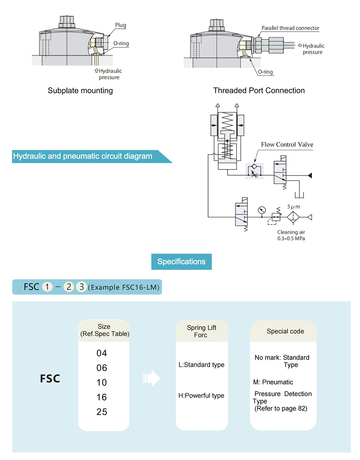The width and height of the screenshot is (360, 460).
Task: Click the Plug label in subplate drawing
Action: coord(121,25)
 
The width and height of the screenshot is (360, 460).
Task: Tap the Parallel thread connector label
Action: coord(290,28)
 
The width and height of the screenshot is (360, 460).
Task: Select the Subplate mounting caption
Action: coord(80,91)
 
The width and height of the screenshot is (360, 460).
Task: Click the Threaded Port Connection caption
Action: coord(259,90)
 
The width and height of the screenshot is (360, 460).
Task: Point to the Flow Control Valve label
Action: coord(287,144)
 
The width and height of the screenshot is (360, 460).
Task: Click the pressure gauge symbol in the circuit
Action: coord(262,210)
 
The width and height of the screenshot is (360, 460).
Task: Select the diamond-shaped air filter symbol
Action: coord(293,217)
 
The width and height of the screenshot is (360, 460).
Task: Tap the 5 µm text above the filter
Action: coord(293,207)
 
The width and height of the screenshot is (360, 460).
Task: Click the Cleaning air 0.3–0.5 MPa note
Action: coord(291,235)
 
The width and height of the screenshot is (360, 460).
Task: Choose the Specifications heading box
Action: coord(181,262)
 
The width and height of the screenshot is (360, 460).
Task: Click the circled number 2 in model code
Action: coord(69,287)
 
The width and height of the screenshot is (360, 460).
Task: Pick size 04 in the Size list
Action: coord(102,353)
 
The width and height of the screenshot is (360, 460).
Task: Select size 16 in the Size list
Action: coord(102,397)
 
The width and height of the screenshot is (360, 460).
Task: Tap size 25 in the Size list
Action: coord(102,412)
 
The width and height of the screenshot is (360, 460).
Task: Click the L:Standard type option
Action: coord(201,365)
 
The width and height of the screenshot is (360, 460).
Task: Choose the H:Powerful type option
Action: coord(201,396)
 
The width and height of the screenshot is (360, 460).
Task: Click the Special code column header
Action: coord(285,331)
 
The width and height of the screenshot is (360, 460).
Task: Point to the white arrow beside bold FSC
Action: coord(151,378)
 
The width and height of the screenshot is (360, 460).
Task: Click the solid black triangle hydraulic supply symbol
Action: coord(310,175)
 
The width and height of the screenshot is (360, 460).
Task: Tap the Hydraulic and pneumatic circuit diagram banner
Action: coord(92,157)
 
